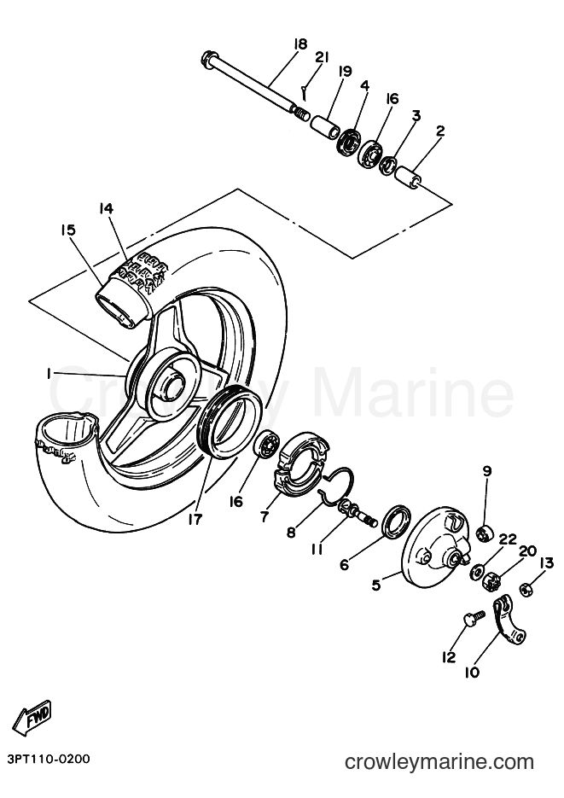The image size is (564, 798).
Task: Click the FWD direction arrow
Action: [32, 718]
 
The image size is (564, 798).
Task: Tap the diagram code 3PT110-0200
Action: [49, 759]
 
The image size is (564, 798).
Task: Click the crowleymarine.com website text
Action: [439, 763]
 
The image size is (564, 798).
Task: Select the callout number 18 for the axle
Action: [300, 44]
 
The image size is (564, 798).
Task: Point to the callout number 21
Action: [322, 57]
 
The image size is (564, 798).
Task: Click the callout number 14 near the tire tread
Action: [107, 208]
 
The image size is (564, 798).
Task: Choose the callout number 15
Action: [67, 230]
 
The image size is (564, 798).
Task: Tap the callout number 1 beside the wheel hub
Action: [49, 374]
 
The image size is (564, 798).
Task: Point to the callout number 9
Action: [487, 471]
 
